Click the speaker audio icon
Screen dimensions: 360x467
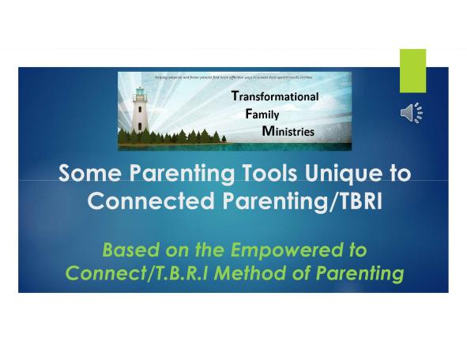[411, 113]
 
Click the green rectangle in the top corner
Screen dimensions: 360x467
[412, 70]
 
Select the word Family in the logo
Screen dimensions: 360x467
[262, 114]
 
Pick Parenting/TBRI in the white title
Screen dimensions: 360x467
[304, 201]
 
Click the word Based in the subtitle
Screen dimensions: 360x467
[130, 250]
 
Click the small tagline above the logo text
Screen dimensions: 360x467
[235, 77]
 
